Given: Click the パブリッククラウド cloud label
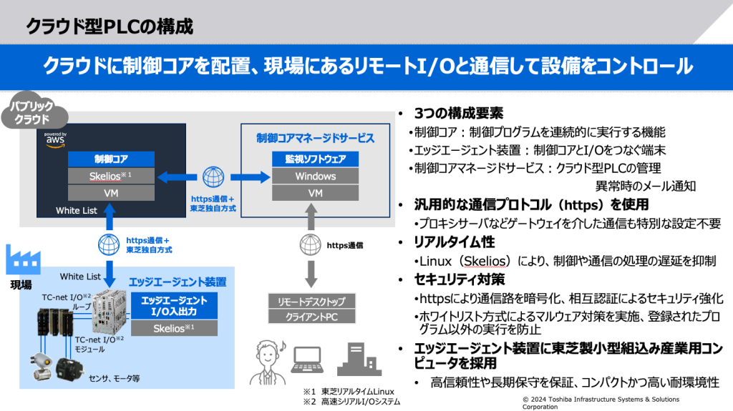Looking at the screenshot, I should point(34,114).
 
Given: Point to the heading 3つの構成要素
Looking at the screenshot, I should point(458,114).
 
